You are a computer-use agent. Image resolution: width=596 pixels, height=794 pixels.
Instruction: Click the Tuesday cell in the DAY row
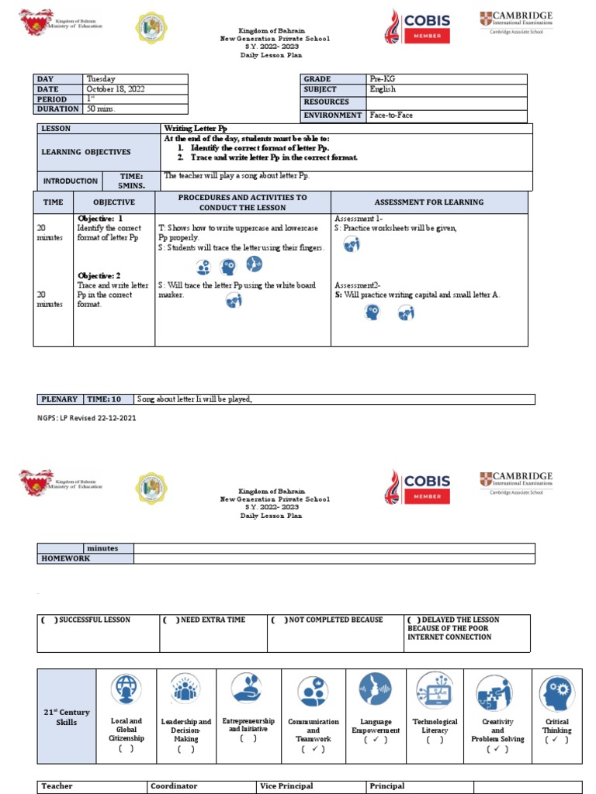pyautogui.click(x=101, y=79)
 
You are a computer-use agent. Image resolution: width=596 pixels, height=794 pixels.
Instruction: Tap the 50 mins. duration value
pyautogui.click(x=101, y=109)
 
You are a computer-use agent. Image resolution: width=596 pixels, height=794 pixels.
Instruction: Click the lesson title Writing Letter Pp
pyautogui.click(x=195, y=128)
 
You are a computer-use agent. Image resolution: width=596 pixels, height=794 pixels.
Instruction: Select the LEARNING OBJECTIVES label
pyautogui.click(x=85, y=152)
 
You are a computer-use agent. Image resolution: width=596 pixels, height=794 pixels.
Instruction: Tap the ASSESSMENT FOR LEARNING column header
pyautogui.click(x=428, y=202)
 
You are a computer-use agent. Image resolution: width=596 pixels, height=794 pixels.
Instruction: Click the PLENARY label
pyautogui.click(x=59, y=399)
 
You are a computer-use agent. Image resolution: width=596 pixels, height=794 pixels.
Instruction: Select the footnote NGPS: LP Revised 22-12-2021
pyautogui.click(x=85, y=418)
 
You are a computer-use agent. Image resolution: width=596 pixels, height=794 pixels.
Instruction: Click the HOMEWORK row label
pyautogui.click(x=66, y=558)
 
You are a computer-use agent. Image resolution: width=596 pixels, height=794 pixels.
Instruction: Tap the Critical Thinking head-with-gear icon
pyautogui.click(x=556, y=694)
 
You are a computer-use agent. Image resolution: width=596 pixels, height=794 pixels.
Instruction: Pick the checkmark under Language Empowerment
pyautogui.click(x=376, y=740)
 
